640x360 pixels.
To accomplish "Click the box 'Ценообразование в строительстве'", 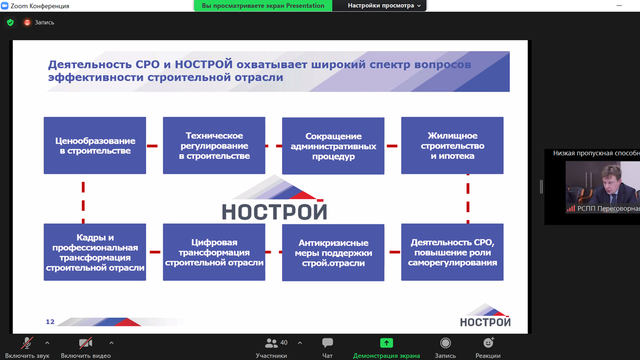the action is pyautogui.click(x=95, y=145).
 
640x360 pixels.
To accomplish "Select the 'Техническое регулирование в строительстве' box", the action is pyautogui.click(x=214, y=145).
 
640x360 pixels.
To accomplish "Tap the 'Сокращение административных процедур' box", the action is pyautogui.click(x=333, y=145).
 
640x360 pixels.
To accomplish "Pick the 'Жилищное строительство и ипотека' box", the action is pyautogui.click(x=452, y=145).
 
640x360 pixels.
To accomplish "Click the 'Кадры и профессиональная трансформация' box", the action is pyautogui.click(x=95, y=252).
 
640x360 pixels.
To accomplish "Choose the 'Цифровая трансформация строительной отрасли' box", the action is pyautogui.click(x=214, y=252).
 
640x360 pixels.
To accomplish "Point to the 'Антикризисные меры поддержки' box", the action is pyautogui.click(x=333, y=252).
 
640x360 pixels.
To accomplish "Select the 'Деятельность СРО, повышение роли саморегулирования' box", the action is pyautogui.click(x=452, y=252).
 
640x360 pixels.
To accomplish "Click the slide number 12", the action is pyautogui.click(x=50, y=321).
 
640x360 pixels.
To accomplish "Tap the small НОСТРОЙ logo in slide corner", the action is pyautogui.click(x=485, y=315).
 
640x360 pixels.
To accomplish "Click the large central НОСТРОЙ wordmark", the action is pyautogui.click(x=274, y=212).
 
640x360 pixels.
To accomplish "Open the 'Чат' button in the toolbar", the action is pyautogui.click(x=327, y=342).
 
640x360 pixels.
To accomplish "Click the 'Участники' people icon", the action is pyautogui.click(x=271, y=343).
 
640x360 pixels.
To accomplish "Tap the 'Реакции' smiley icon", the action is pyautogui.click(x=488, y=342).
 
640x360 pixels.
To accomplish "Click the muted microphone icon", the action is pyautogui.click(x=27, y=343).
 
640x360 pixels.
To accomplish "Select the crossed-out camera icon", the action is pyautogui.click(x=85, y=343).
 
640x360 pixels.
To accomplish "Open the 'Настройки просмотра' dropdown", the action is pyautogui.click(x=384, y=5).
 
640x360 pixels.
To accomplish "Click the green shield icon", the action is pyautogui.click(x=10, y=22).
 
